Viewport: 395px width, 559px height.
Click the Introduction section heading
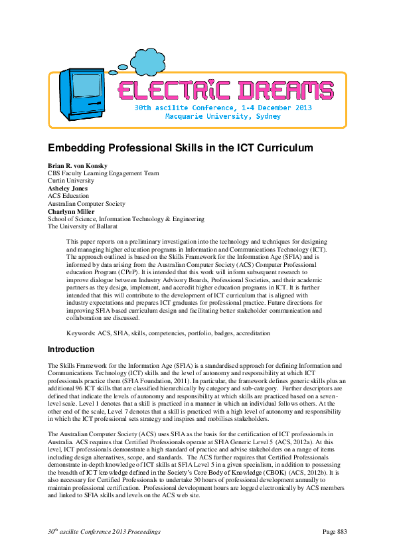[x=71, y=350]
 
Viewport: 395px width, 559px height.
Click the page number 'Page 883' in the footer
[x=334, y=532]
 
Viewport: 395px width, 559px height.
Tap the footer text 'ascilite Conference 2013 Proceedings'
[x=110, y=532]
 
